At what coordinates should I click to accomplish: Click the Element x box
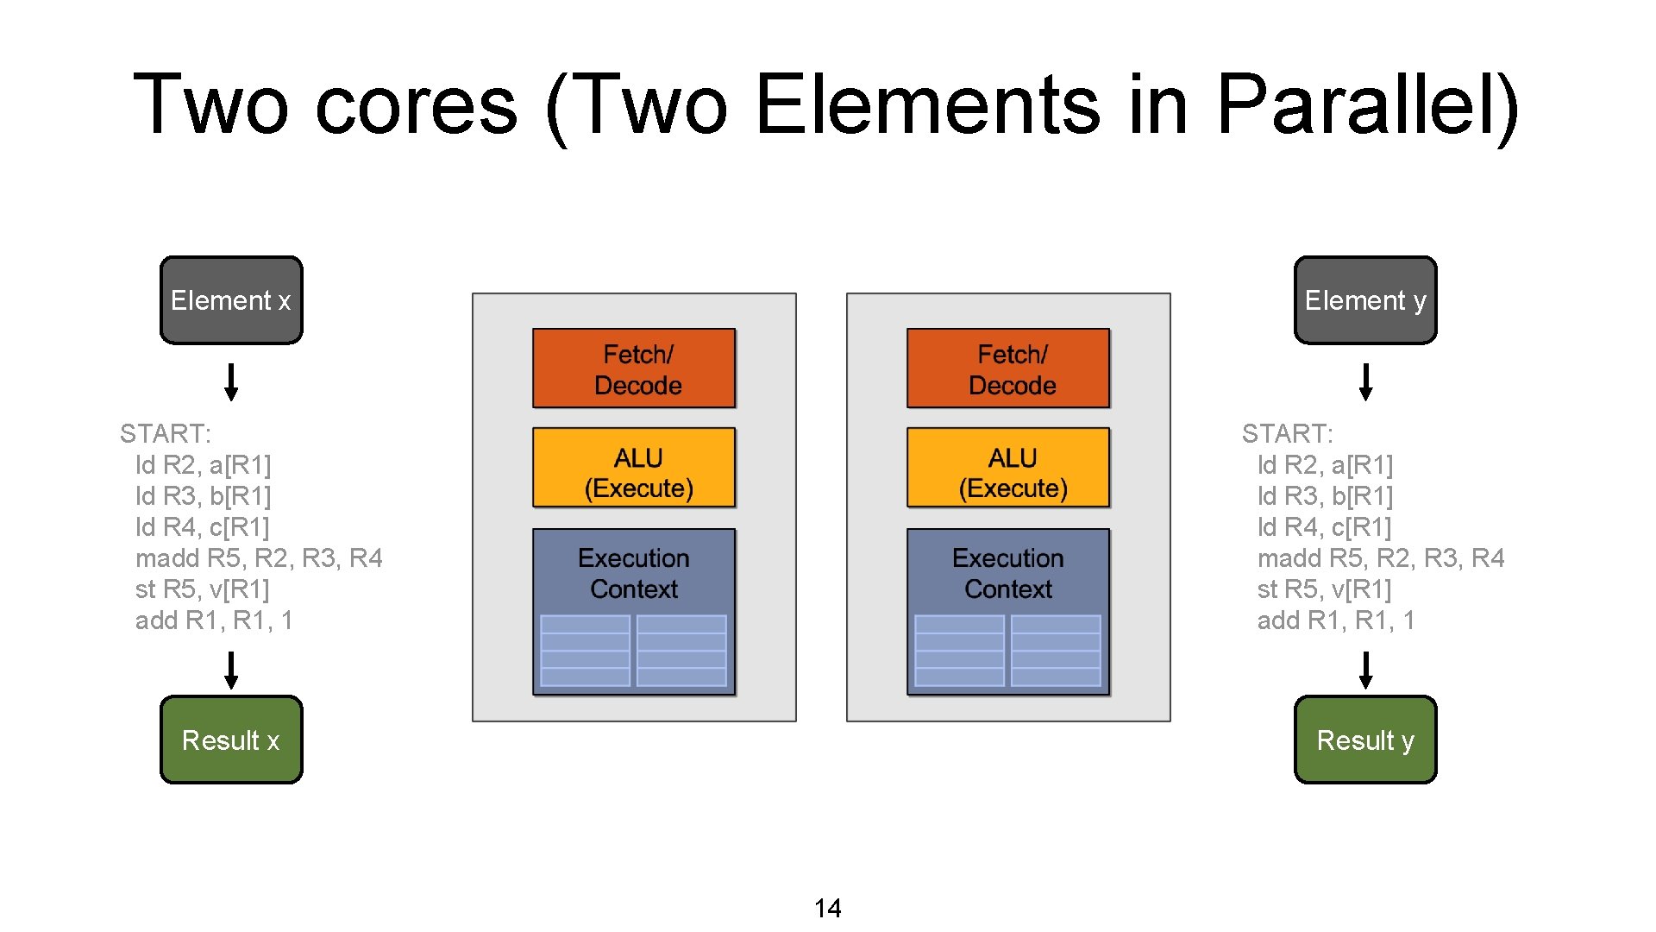(231, 300)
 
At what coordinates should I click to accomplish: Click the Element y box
(1365, 300)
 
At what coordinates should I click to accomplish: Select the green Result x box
(231, 740)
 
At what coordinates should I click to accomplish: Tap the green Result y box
(1365, 740)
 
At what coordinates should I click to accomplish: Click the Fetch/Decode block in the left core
(634, 368)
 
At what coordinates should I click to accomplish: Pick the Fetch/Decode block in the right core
(1008, 368)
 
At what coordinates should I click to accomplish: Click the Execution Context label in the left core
(634, 573)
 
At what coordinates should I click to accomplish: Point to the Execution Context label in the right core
(1008, 573)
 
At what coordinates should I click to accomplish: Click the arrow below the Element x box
(231, 381)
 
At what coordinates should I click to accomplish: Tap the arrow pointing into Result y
(1365, 670)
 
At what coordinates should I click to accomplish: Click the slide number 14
(828, 908)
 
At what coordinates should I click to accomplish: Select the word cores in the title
(417, 105)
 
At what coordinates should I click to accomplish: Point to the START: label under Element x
(166, 433)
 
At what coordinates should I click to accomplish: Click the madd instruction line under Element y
(1380, 558)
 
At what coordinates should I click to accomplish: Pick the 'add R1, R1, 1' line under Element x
(214, 620)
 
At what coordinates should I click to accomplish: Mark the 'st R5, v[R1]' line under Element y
(1324, 589)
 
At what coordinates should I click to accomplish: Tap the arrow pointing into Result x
(231, 670)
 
